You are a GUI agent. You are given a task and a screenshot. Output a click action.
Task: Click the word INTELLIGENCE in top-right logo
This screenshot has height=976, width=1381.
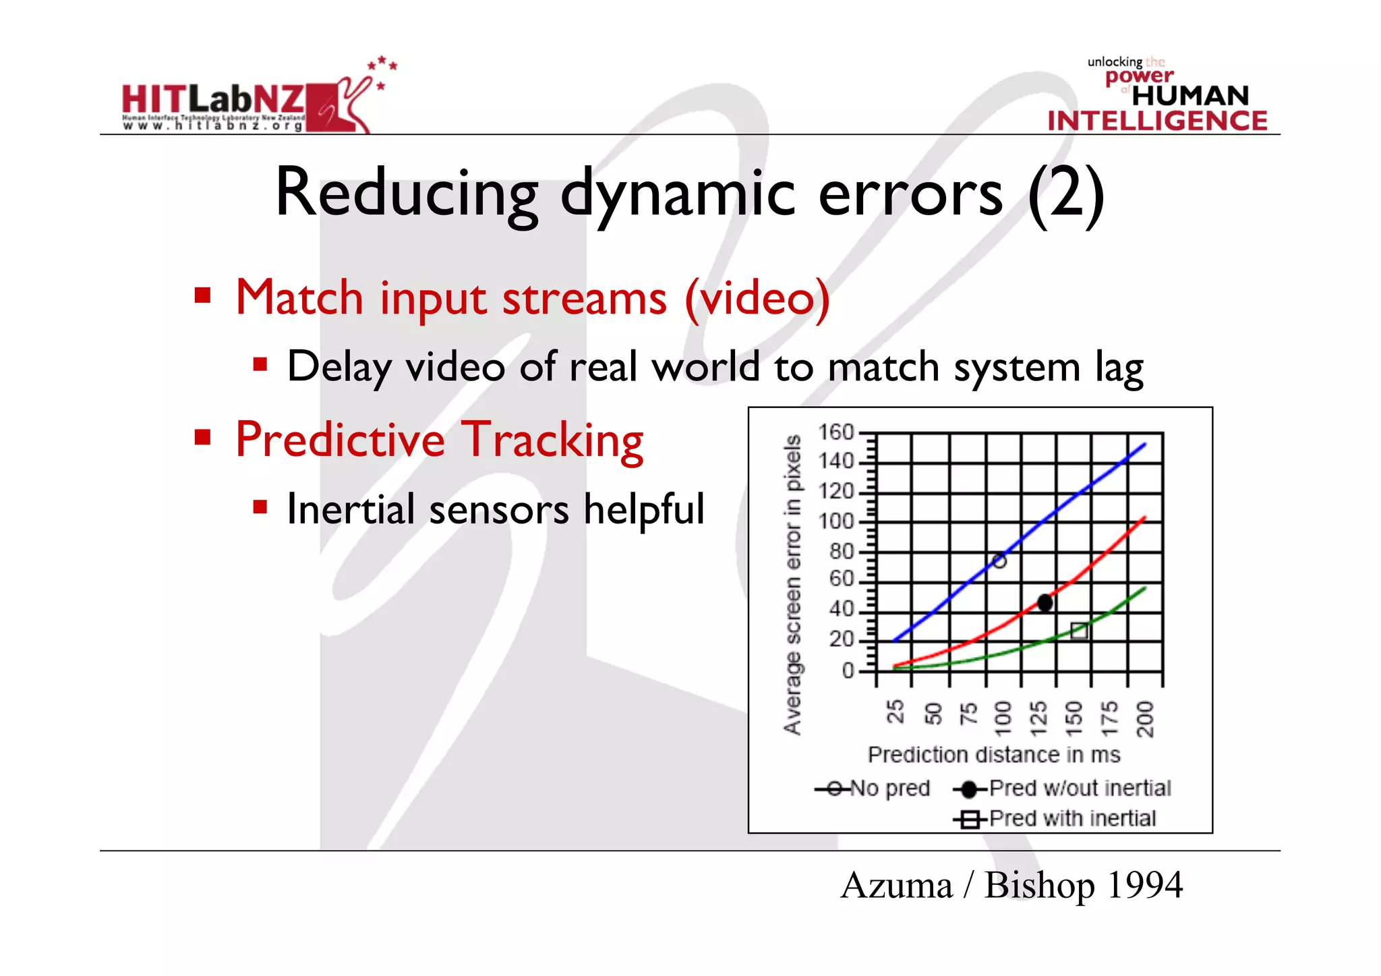click(x=1157, y=121)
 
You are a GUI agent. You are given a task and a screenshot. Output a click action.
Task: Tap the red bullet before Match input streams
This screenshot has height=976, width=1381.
click(x=202, y=295)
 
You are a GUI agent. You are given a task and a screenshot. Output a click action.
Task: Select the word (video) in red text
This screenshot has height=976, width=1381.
click(x=757, y=298)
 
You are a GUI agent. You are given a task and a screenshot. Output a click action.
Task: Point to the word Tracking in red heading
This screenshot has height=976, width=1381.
click(x=554, y=440)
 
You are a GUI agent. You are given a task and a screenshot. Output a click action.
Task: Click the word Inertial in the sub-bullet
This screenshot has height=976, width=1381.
click(x=351, y=509)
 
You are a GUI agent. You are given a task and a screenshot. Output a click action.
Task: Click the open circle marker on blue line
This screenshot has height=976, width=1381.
click(x=999, y=561)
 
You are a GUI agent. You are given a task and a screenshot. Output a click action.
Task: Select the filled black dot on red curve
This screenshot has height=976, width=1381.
click(x=1045, y=602)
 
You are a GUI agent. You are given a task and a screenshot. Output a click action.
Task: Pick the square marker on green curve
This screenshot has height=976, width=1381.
click(x=1079, y=631)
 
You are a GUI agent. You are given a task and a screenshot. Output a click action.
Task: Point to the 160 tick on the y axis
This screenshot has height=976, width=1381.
click(x=836, y=432)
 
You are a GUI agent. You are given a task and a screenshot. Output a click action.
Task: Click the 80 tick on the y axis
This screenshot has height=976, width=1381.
click(x=842, y=552)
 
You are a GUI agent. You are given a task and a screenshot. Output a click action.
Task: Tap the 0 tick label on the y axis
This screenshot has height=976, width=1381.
click(x=848, y=671)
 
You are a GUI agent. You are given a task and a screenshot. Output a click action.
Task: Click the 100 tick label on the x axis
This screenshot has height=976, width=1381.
click(x=1003, y=718)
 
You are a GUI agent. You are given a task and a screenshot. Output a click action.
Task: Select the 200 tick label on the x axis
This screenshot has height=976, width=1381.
click(x=1145, y=718)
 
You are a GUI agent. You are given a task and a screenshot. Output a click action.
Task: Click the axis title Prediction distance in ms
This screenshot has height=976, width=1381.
click(x=993, y=755)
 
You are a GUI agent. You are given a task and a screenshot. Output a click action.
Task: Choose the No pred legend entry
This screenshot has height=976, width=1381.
click(x=874, y=788)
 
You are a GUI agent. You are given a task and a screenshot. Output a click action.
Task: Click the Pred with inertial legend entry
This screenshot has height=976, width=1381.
click(x=1056, y=819)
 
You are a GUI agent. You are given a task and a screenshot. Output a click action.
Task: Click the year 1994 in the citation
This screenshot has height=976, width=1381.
click(x=1144, y=885)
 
